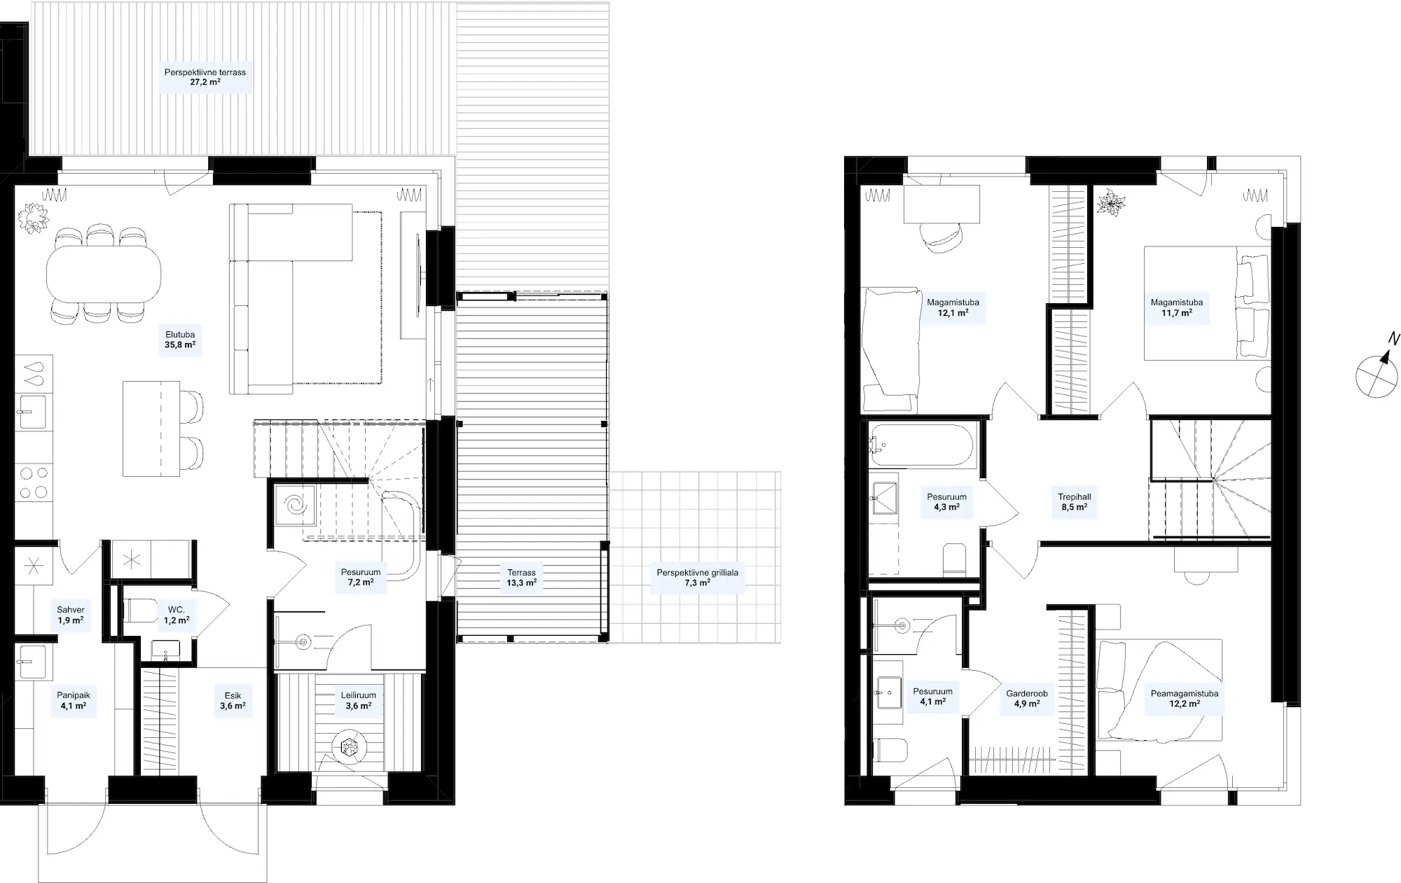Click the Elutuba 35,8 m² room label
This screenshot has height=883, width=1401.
pyautogui.click(x=180, y=340)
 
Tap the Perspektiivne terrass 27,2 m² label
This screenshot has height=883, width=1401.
pyautogui.click(x=205, y=77)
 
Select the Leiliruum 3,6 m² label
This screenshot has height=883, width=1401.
pyautogui.click(x=359, y=700)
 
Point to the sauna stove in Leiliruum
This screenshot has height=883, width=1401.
pyautogui.click(x=350, y=748)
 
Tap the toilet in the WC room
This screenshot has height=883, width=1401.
pyautogui.click(x=140, y=611)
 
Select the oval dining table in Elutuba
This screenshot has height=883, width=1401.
pyautogui.click(x=104, y=272)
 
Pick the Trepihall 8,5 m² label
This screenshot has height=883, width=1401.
pyautogui.click(x=1074, y=502)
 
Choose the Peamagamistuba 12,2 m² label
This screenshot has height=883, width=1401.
pyautogui.click(x=1185, y=699)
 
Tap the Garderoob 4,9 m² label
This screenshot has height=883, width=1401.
pyautogui.click(x=1027, y=699)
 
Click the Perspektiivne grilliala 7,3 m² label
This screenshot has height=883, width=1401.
pyautogui.click(x=698, y=578)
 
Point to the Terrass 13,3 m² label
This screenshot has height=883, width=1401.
pyautogui.click(x=522, y=578)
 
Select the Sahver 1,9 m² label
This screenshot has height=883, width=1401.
pyautogui.click(x=70, y=616)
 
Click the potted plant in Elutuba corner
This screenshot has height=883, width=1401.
pyautogui.click(x=33, y=218)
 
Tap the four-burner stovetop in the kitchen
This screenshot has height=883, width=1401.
pyautogui.click(x=34, y=482)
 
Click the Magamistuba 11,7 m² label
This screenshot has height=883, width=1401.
pyautogui.click(x=1177, y=308)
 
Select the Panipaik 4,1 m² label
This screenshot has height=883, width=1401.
pyautogui.click(x=74, y=701)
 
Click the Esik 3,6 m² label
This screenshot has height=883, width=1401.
pyautogui.click(x=233, y=701)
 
